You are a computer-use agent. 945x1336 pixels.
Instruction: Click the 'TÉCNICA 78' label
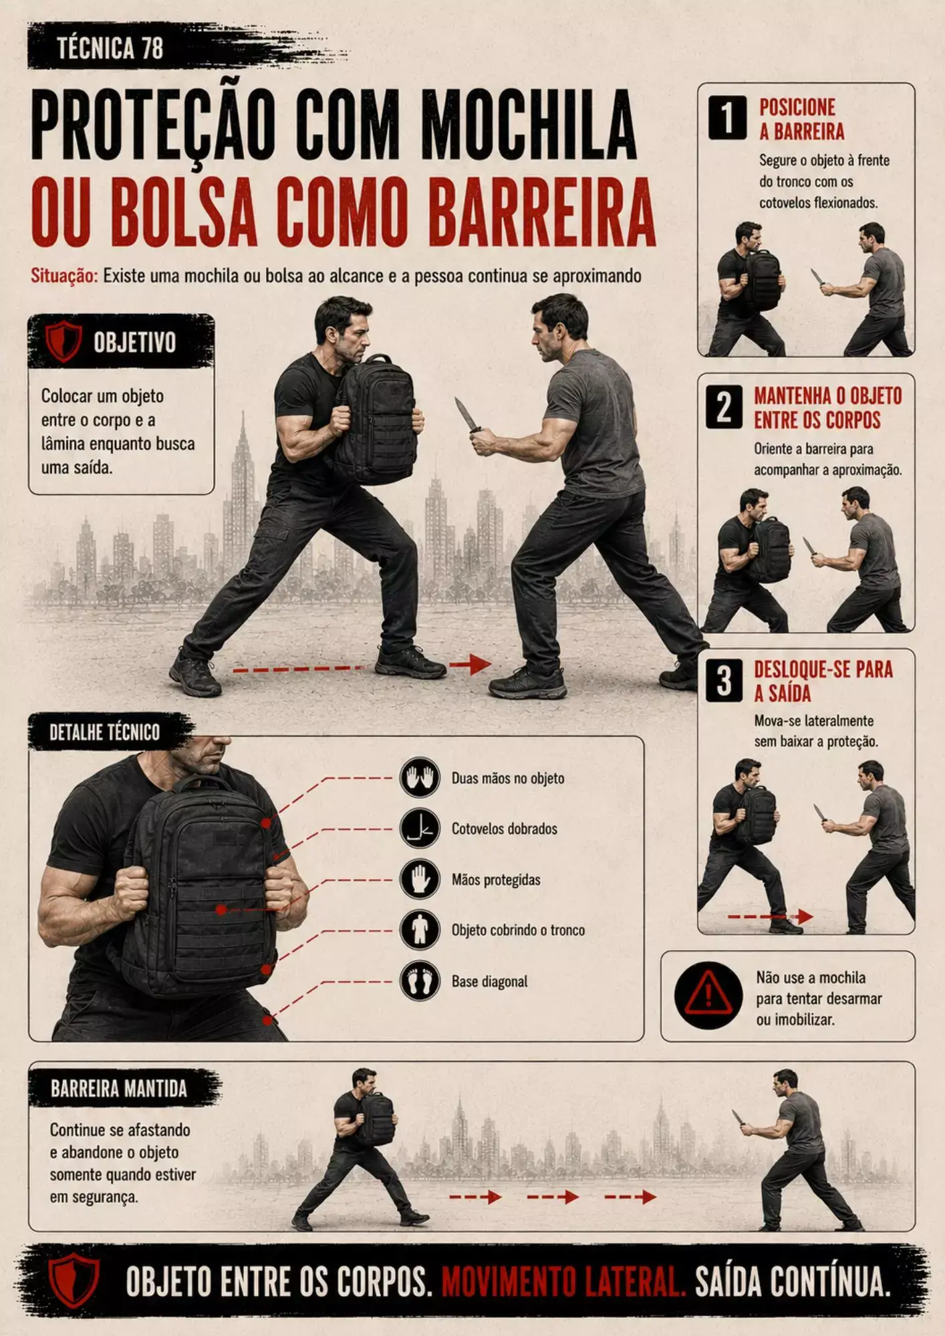tap(110, 49)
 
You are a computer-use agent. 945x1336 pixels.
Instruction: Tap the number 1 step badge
tap(727, 118)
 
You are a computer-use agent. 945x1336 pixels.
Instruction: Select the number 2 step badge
tap(724, 407)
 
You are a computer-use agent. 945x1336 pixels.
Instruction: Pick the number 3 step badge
tap(724, 680)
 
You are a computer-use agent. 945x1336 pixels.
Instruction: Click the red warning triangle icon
tap(708, 995)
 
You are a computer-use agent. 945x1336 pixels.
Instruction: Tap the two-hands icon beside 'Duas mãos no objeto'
tap(420, 778)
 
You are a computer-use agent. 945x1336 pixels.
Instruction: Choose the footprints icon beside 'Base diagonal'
tap(420, 981)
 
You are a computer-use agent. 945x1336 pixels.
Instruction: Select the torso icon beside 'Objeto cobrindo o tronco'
tap(420, 929)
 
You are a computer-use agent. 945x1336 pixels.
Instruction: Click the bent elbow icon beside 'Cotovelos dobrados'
tap(420, 828)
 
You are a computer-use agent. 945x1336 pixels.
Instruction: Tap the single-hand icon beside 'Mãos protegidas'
tap(420, 878)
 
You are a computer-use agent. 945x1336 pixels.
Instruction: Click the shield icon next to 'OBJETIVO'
tap(63, 341)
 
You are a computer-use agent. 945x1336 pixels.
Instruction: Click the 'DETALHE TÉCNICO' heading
tap(105, 733)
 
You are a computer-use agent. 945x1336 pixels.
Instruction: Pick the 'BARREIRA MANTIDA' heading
tap(119, 1090)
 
